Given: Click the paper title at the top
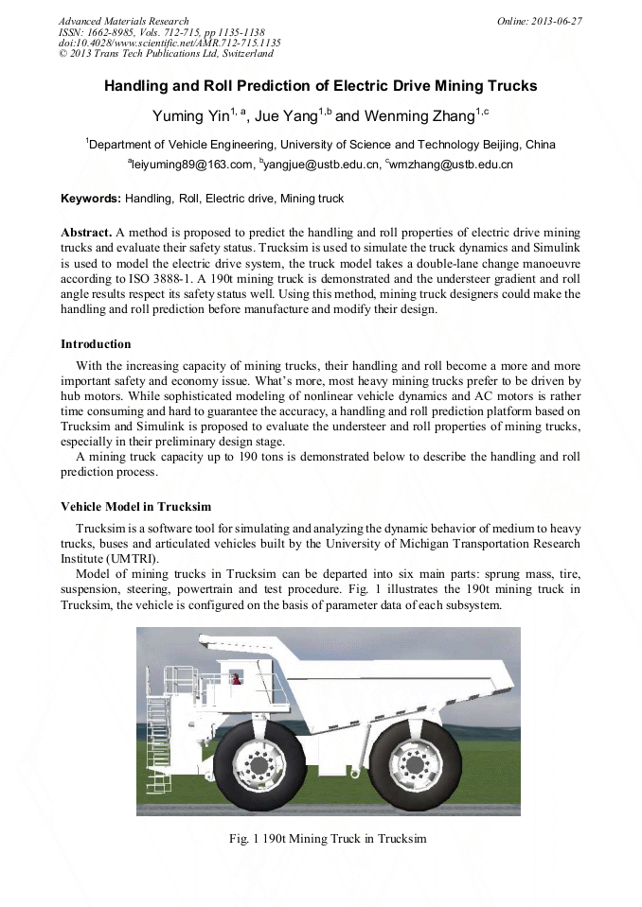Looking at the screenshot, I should click(x=320, y=85).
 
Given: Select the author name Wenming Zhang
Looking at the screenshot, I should click(x=417, y=116).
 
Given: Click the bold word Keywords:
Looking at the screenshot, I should click(x=91, y=199).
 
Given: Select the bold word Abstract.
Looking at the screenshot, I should click(x=86, y=233).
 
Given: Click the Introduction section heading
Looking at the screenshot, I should click(x=96, y=343).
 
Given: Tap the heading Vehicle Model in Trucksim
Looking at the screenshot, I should click(x=136, y=506).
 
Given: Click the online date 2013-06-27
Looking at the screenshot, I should click(x=559, y=21).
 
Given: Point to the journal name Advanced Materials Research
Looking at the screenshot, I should click(x=124, y=21).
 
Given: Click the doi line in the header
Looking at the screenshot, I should click(x=169, y=44).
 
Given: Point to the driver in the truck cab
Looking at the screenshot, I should click(x=236, y=678).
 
